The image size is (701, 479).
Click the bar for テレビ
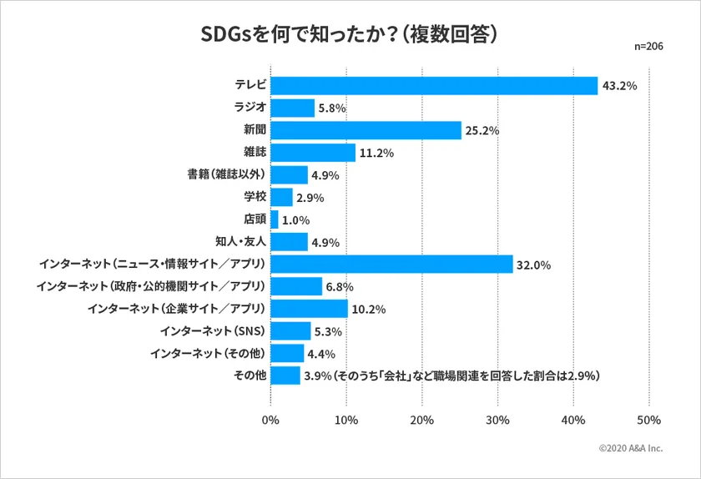(x=434, y=86)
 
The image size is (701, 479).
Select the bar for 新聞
(x=366, y=130)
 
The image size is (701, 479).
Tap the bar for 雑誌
(x=313, y=153)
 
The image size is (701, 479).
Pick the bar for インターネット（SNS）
(x=291, y=331)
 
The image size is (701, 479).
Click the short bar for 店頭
(x=275, y=219)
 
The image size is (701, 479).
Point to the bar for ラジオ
(x=293, y=108)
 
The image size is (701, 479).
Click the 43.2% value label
(x=619, y=86)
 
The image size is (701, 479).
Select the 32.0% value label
(x=534, y=265)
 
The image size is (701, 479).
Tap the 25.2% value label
(x=482, y=131)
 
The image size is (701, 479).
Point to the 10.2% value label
(x=369, y=310)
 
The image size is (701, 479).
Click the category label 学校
(x=254, y=198)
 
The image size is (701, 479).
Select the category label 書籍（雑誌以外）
(x=226, y=175)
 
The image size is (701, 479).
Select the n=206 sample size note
(x=649, y=47)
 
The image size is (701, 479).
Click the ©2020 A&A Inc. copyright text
(x=630, y=448)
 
